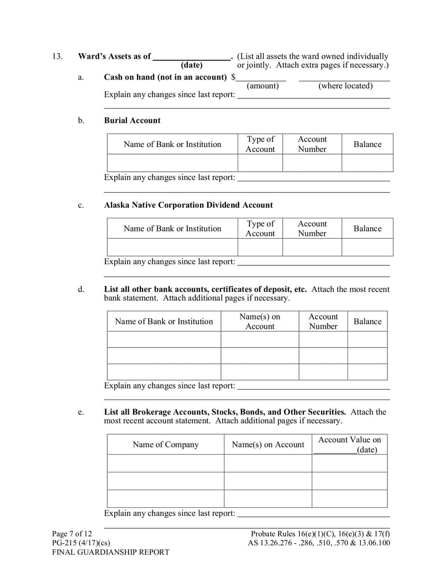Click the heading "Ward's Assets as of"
tap(114, 56)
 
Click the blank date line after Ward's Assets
tap(191, 57)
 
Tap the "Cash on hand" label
tap(165, 77)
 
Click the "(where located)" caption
tap(345, 86)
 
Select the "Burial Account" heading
tap(132, 120)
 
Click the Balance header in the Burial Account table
tap(367, 144)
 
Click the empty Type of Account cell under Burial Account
tap(260, 163)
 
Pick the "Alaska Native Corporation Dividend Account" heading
tap(188, 205)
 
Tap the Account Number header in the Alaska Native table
tap(312, 229)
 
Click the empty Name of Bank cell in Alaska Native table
tap(172, 247)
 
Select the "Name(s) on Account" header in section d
tap(260, 322)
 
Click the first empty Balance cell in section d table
tap(367, 339)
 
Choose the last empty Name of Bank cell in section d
tap(164, 372)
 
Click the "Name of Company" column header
tap(165, 445)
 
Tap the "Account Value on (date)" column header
tap(349, 445)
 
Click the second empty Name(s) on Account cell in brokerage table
tap(268, 481)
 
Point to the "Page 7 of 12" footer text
tap(72, 534)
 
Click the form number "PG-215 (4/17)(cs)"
tap(81, 543)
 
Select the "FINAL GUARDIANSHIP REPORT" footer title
tap(110, 552)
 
